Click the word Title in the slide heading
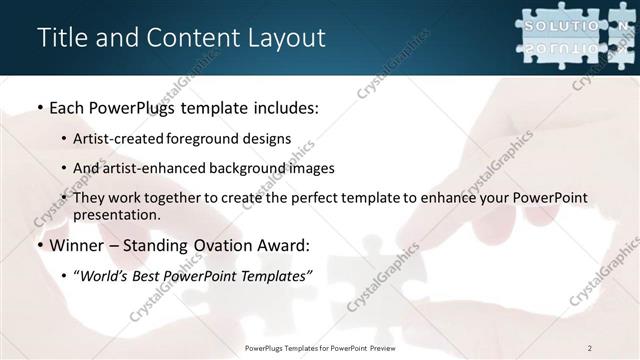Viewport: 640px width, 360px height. [x=63, y=38]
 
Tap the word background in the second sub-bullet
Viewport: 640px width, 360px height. [x=249, y=168]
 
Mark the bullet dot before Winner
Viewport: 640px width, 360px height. [x=40, y=244]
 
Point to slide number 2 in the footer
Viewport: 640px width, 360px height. [x=589, y=347]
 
